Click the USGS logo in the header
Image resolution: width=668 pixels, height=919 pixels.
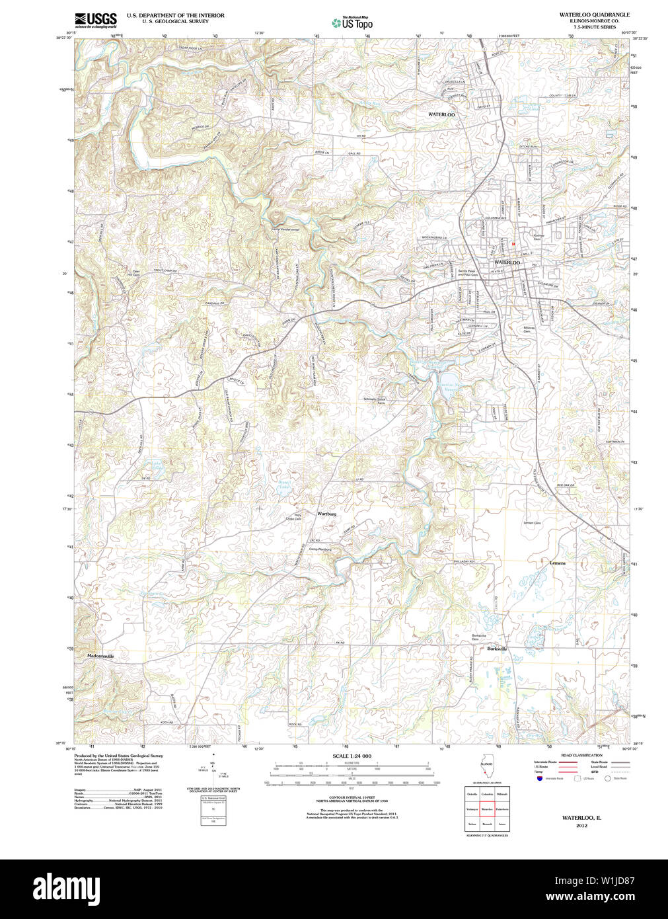tap(95, 19)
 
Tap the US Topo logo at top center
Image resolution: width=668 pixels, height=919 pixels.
tap(352, 22)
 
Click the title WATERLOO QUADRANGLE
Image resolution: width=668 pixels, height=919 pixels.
tap(594, 15)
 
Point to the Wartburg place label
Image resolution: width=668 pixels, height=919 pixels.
tap(326, 514)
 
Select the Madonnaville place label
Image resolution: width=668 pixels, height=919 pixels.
tap(101, 656)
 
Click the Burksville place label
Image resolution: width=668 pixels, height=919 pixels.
tap(497, 649)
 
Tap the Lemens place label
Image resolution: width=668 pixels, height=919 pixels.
tap(558, 563)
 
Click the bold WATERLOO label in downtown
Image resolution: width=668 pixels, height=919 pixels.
tap(507, 262)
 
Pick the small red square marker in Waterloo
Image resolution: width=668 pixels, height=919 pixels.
tap(512, 244)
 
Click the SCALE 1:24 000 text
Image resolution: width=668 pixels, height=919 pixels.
tap(352, 756)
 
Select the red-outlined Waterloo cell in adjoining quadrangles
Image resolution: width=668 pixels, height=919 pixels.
tap(487, 809)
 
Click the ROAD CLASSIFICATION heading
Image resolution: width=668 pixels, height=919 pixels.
tap(581, 755)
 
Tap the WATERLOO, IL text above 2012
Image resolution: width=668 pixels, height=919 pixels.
tap(581, 818)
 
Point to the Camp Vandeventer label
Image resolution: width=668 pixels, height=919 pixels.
tap(285, 229)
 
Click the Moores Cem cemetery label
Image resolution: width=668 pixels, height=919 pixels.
tap(528, 329)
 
